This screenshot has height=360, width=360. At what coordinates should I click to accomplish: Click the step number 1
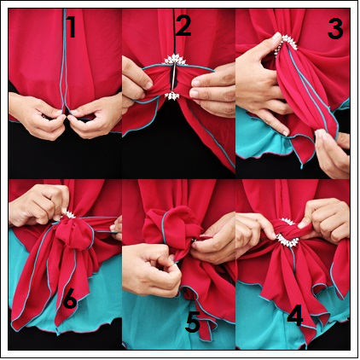[71, 27]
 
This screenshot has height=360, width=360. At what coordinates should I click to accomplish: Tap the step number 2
[183, 26]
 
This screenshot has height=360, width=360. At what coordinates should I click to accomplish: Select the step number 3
[335, 29]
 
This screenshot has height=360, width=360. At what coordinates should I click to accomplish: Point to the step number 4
[295, 316]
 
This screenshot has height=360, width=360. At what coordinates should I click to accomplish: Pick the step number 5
[193, 322]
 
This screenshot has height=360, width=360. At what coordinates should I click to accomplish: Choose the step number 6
[70, 299]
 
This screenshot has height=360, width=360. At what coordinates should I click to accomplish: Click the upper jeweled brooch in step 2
[175, 60]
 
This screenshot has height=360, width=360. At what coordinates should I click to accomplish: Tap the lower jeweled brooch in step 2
[172, 96]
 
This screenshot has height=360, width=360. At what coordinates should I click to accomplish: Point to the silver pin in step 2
[173, 78]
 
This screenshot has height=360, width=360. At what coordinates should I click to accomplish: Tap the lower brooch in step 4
[288, 241]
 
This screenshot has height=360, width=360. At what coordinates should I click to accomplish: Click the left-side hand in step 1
[37, 115]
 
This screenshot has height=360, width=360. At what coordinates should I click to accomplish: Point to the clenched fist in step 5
[152, 269]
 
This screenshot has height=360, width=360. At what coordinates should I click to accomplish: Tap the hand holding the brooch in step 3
[262, 83]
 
